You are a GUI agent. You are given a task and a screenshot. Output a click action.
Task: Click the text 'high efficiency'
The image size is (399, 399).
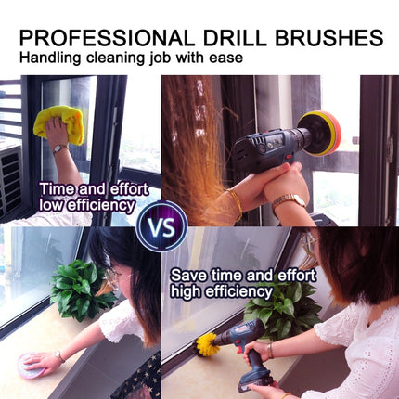pyautogui.click(x=220, y=291)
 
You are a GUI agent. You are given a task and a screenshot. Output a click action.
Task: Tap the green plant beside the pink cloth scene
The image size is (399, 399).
pyautogui.click(x=84, y=290)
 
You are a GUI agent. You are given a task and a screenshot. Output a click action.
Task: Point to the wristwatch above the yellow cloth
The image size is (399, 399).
pyautogui.click(x=58, y=148)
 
